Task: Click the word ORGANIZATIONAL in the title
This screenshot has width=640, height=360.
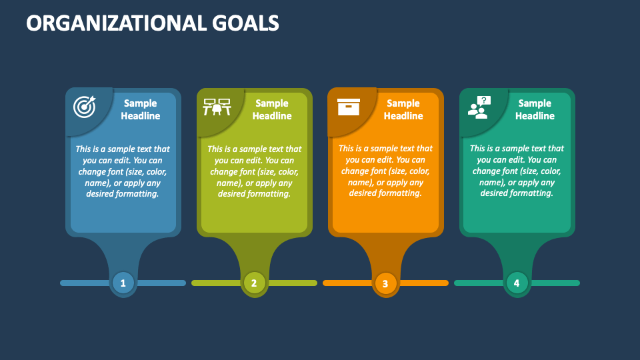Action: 116,23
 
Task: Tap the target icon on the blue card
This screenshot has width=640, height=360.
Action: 85,107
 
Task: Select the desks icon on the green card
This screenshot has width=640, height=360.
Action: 217,107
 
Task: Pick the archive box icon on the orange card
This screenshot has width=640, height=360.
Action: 349,107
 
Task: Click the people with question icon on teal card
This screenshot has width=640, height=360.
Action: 479,107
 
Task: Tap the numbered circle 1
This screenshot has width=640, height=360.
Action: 123,283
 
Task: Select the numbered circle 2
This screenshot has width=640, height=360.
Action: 254,283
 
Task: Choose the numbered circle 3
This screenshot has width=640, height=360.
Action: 385,283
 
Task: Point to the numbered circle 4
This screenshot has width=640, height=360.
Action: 517,283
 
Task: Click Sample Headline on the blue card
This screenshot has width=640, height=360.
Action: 141,109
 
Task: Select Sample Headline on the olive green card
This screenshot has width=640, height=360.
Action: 272,109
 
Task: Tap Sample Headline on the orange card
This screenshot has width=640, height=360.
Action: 403,109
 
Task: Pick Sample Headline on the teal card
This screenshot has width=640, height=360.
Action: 535,109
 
